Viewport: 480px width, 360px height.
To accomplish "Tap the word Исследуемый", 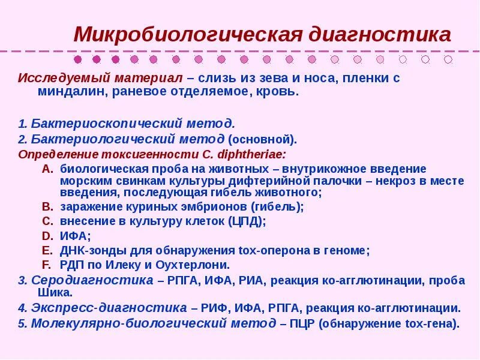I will pos(53,79).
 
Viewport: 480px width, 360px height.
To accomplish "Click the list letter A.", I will pos(47,169).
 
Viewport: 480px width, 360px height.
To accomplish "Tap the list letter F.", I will pos(47,264).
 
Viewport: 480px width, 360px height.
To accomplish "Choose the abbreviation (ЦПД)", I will pos(247,221).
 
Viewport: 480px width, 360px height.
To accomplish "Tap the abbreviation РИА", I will pos(247,280).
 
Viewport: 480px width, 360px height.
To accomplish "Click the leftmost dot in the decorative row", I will pos(77,59).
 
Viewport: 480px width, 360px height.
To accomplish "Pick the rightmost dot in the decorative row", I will pos(447,59).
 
